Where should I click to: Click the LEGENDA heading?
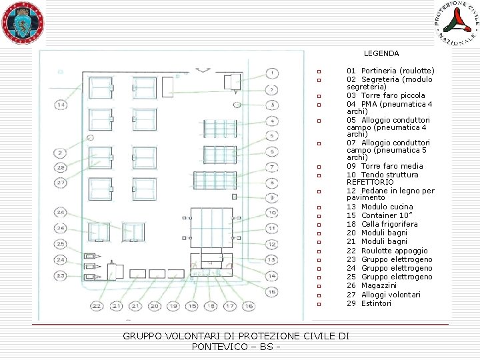tap(381, 53)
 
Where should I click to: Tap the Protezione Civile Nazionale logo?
tap(457, 23)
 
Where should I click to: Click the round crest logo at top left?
tap(23, 22)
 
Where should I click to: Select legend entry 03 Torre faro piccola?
tap(385, 95)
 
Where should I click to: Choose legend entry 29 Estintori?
tap(369, 303)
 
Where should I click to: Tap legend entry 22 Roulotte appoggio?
tap(385, 251)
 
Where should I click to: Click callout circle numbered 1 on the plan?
tap(271, 73)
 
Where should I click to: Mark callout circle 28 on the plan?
tap(61, 167)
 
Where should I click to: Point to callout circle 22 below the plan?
tap(97, 306)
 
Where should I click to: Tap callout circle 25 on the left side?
tap(61, 244)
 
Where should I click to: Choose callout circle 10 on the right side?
tap(271, 213)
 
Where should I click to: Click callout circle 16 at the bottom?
tap(248, 306)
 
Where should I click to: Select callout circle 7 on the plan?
tap(271, 167)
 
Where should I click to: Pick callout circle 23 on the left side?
tap(61, 275)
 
